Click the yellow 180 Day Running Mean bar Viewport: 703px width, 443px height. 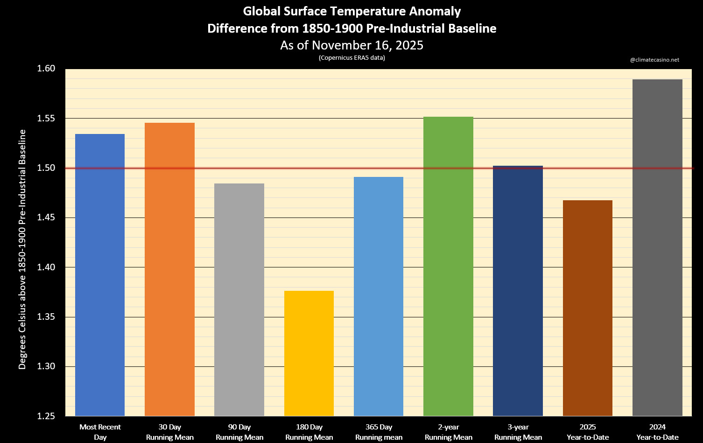(x=309, y=353)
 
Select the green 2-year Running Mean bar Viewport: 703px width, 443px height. (x=448, y=267)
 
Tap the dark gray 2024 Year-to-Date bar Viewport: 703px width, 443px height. (x=657, y=247)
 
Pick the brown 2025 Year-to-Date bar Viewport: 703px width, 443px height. (x=588, y=308)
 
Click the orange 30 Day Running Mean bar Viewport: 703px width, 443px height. (x=169, y=269)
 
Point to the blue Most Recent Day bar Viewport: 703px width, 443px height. (x=100, y=275)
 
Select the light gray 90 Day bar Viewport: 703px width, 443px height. (x=239, y=300)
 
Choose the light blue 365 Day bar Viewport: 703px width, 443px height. (x=379, y=296)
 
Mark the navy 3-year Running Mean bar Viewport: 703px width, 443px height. (x=518, y=291)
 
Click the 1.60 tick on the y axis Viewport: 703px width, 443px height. (x=46, y=69)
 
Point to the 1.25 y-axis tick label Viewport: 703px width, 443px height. (x=46, y=416)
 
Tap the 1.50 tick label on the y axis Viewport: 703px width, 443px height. (x=46, y=168)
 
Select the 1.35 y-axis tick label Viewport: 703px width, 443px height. (x=46, y=317)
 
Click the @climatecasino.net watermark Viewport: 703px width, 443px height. (x=654, y=60)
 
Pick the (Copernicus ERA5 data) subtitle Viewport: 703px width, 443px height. (x=352, y=58)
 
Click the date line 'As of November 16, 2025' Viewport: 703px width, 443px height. (x=352, y=45)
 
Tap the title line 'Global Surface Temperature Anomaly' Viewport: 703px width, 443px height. (x=352, y=11)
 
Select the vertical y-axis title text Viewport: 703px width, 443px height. (x=22, y=249)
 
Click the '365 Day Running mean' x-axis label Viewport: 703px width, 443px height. (x=379, y=432)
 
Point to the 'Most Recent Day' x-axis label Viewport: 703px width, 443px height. (x=100, y=432)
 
